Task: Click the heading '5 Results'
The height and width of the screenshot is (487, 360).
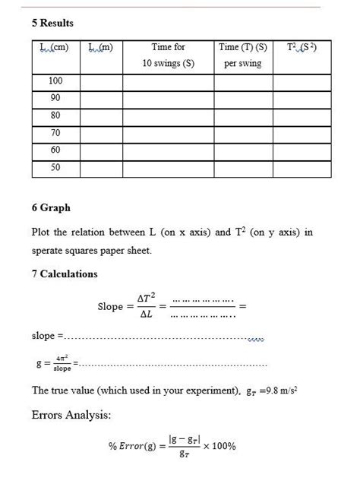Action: [x=52, y=24]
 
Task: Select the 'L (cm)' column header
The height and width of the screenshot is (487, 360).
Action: [x=55, y=47]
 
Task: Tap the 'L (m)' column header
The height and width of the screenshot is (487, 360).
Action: [x=101, y=47]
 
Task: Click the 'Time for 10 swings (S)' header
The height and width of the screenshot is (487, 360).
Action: [x=168, y=55]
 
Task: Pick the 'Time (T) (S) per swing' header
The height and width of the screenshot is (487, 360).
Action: [x=242, y=55]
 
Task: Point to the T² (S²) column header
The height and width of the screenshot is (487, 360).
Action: [x=302, y=47]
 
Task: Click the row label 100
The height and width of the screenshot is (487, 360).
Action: [x=55, y=81]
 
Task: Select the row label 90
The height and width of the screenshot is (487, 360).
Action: [x=55, y=99]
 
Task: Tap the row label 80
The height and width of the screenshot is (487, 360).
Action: [x=55, y=116]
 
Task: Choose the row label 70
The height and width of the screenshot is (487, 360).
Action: [x=55, y=134]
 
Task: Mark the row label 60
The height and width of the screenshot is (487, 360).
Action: [x=55, y=150]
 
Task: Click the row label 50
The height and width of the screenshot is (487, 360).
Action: [x=55, y=168]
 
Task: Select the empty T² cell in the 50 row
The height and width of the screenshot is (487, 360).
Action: [x=302, y=168]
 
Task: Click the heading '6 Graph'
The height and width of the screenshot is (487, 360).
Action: [x=51, y=207]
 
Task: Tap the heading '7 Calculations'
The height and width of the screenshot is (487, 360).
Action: [x=65, y=274]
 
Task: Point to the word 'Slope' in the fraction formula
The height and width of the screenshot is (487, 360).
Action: [x=110, y=307]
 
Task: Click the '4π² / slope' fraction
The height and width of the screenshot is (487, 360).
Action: [x=62, y=364]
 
